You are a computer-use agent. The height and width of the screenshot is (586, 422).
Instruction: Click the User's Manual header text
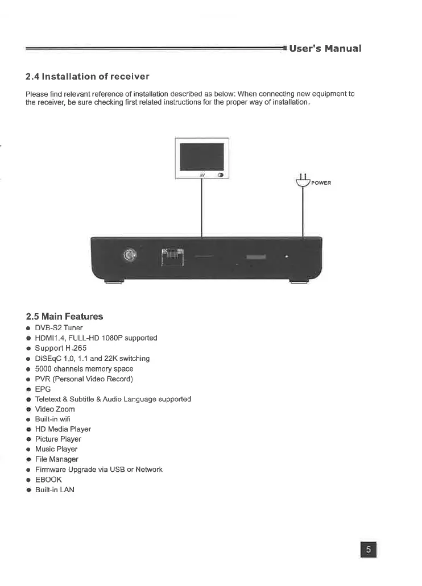(325, 48)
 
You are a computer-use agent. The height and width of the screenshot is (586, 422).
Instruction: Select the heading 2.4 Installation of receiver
(88, 77)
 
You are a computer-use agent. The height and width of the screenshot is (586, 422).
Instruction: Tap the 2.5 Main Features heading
(65, 316)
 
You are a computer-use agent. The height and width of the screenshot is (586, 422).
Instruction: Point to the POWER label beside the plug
(321, 183)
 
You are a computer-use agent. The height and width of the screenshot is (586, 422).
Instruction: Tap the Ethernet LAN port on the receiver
(172, 257)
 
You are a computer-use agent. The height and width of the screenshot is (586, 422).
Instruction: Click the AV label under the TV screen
(201, 175)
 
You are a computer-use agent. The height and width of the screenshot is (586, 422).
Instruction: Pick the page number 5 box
(369, 550)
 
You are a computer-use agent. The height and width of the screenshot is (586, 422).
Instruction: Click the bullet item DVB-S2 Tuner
(59, 328)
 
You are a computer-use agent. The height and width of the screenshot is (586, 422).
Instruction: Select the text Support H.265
(61, 348)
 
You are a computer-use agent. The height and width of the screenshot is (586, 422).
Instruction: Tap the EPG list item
(43, 389)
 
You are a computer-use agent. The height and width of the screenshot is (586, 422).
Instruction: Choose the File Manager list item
(57, 459)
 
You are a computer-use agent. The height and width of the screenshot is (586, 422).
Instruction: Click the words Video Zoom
(55, 409)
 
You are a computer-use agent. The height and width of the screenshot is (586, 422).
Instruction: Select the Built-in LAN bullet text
(55, 489)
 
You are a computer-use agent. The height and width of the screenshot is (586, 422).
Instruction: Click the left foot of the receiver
(114, 280)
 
